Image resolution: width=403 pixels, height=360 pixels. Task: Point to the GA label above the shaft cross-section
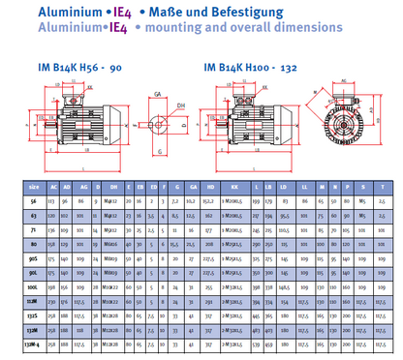click(157, 95)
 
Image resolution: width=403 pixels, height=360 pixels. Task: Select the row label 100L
click(33, 287)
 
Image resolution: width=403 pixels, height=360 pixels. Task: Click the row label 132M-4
click(33, 342)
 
